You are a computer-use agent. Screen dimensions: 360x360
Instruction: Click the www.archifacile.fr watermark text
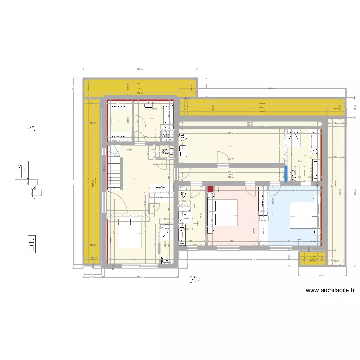[x=330, y=290]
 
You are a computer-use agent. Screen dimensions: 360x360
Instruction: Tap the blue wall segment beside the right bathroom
[x=286, y=174]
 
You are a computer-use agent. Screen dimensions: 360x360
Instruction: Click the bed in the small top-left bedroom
[x=119, y=120]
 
